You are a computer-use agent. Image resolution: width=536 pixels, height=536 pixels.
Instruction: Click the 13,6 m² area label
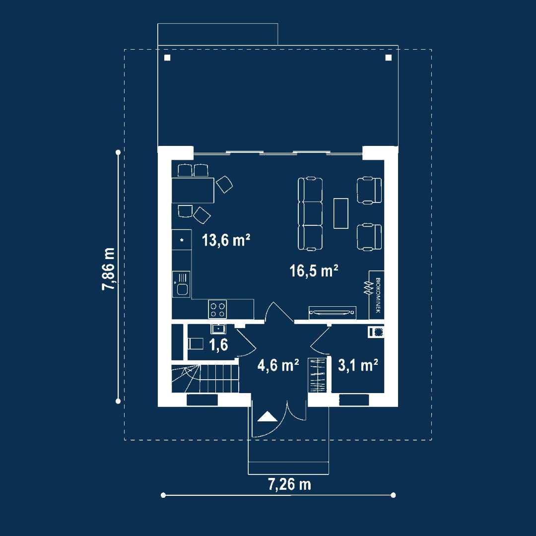point(226,240)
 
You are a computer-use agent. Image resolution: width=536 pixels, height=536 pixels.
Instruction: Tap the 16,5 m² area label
point(314,271)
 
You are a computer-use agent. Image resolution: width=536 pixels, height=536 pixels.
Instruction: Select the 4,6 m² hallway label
point(278,365)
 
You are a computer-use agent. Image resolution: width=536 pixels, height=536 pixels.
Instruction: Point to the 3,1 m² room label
point(358,365)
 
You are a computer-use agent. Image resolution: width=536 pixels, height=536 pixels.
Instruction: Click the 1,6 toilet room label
point(218,345)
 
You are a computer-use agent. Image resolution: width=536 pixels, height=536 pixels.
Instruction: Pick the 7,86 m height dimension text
point(109,269)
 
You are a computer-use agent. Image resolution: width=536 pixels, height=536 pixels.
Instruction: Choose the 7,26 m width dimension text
point(289,484)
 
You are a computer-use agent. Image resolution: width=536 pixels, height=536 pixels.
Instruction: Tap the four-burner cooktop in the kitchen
point(218,309)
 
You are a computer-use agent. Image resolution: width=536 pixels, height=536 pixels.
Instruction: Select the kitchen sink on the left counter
point(181,284)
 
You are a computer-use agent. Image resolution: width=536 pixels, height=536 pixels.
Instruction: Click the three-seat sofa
point(310,214)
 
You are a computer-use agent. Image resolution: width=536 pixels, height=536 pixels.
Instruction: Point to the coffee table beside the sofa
point(341,213)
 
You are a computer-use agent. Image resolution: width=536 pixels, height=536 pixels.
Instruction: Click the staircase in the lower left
point(205,378)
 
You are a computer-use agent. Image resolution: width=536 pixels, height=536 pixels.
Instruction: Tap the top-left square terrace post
point(167,58)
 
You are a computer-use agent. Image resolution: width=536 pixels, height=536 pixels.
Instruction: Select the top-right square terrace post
point(388,58)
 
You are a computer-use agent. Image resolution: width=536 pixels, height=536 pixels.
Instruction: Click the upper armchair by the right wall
point(369,191)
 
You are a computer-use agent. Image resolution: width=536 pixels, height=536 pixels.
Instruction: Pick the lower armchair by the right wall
point(369,237)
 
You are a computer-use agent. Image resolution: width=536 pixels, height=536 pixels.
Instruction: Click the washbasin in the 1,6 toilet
point(218,329)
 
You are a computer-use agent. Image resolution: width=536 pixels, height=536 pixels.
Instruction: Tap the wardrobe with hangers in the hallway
point(317,375)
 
